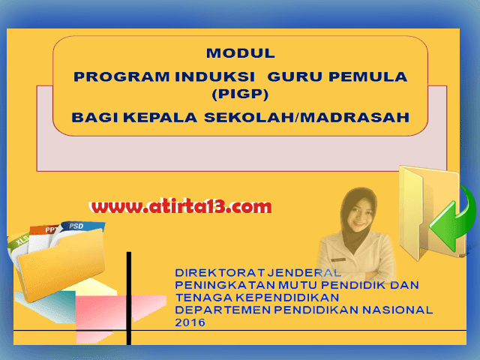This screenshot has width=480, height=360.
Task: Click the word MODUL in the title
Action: (240, 53)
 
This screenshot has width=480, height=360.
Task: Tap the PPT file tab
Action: (51, 230)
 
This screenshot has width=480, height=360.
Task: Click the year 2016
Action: (188, 322)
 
